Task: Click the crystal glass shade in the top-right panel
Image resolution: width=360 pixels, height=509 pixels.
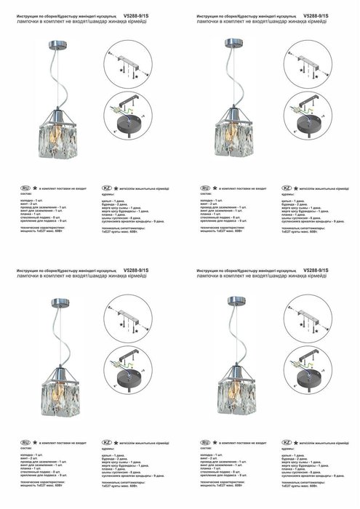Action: click(x=236, y=140)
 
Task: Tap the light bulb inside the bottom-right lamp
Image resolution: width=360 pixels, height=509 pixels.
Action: click(x=236, y=396)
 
